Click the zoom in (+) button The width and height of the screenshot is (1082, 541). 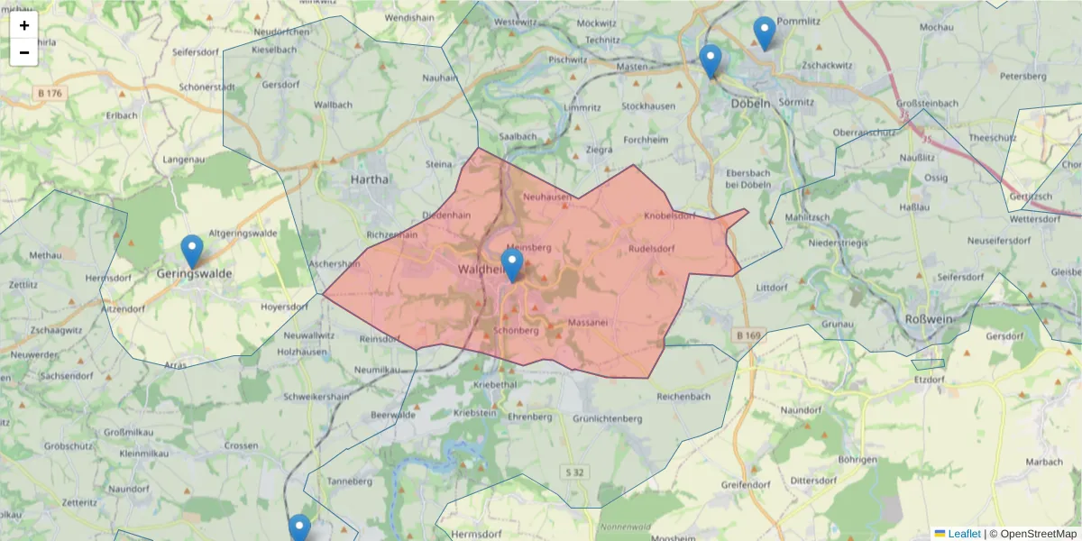tap(24, 25)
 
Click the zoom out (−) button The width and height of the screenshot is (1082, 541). tap(24, 52)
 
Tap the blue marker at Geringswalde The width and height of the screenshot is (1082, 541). tap(192, 252)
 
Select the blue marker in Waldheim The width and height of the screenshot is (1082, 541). tap(512, 265)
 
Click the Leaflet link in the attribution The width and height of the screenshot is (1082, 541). tap(963, 534)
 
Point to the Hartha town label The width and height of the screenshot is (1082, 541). tap(370, 179)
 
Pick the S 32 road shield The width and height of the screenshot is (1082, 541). tap(576, 472)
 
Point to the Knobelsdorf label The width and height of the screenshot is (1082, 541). tap(670, 216)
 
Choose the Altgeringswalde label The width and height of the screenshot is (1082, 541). tap(243, 233)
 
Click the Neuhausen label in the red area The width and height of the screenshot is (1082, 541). tap(546, 197)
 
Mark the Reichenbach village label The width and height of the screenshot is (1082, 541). tap(683, 397)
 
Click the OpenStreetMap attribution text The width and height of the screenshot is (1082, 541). tap(1037, 534)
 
